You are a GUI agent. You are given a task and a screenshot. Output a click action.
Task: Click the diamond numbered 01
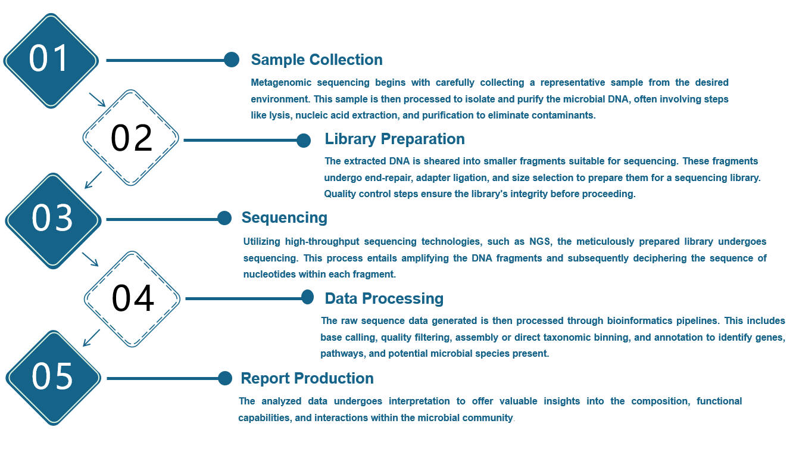(x=51, y=60)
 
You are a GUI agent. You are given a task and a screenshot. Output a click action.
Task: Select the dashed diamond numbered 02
(x=131, y=138)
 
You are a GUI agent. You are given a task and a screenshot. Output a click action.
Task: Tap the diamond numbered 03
(x=52, y=219)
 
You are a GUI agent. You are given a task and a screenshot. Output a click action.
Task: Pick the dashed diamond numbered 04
(x=132, y=298)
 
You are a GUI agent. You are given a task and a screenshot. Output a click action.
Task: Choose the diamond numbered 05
(x=52, y=378)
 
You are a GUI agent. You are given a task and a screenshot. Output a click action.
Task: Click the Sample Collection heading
(x=316, y=60)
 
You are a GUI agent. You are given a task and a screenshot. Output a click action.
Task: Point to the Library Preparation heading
(x=394, y=139)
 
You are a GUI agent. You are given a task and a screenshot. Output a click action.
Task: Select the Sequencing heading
(x=284, y=217)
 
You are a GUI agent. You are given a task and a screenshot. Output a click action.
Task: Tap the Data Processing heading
(x=383, y=298)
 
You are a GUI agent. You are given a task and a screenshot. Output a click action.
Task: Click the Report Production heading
(x=307, y=378)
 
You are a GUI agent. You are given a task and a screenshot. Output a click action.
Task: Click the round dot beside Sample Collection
(x=232, y=60)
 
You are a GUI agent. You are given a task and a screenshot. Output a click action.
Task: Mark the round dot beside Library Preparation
(x=304, y=141)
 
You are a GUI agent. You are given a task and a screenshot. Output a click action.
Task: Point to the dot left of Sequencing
(x=224, y=218)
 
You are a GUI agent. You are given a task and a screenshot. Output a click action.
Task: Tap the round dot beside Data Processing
(x=307, y=297)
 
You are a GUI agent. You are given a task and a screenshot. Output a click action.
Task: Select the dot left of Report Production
(x=225, y=378)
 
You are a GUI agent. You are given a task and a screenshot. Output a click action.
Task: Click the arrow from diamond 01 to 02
(x=97, y=99)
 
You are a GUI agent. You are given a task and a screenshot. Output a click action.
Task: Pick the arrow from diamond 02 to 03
(x=93, y=180)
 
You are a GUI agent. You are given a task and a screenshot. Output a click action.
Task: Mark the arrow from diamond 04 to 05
(x=91, y=338)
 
